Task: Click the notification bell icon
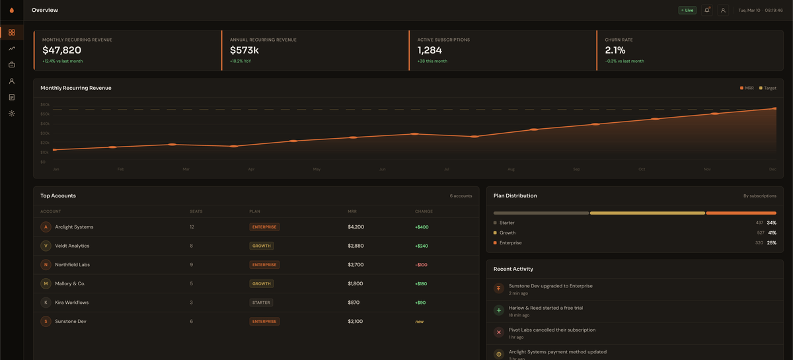click(x=707, y=10)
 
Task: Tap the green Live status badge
click(x=687, y=10)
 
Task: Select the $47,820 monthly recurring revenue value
click(x=61, y=50)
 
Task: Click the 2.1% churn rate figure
click(x=615, y=50)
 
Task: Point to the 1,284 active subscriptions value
click(x=430, y=50)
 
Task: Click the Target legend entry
click(x=768, y=88)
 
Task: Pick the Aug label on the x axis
click(x=511, y=169)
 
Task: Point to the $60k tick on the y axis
click(x=45, y=104)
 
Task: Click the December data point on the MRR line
click(x=774, y=108)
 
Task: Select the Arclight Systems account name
click(x=74, y=227)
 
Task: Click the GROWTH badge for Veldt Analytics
click(x=262, y=246)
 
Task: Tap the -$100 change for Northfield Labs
click(x=421, y=264)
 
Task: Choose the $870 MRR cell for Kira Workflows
click(x=354, y=303)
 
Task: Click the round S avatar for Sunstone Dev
click(x=46, y=321)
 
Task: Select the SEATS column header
click(x=196, y=211)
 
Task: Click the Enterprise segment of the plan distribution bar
click(x=741, y=213)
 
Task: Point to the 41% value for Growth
click(x=772, y=233)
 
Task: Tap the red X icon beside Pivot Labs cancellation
click(x=499, y=332)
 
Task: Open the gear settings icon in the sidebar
click(x=12, y=114)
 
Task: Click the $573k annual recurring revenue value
click(x=244, y=50)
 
